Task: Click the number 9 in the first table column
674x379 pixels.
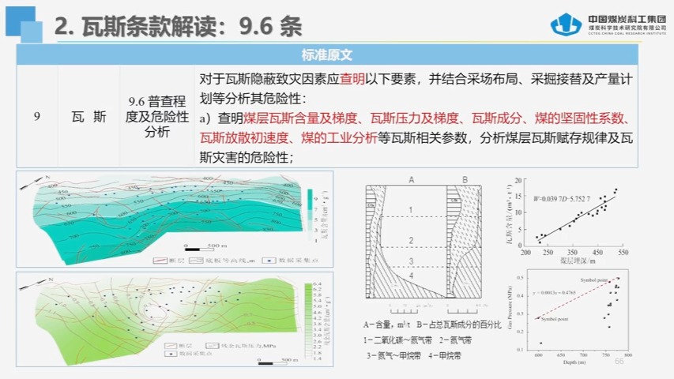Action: point(36,117)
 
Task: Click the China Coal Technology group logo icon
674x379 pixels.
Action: point(567,25)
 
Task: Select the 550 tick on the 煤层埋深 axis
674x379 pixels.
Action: point(623,253)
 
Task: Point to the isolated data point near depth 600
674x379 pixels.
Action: point(541,343)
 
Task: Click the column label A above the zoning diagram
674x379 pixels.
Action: point(412,179)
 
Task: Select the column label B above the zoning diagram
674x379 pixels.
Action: point(465,179)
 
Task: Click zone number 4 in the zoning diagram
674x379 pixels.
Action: point(412,276)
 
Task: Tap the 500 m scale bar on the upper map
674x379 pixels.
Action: point(209,247)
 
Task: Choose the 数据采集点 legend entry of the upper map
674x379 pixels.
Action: point(279,258)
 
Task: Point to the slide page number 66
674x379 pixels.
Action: point(619,362)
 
